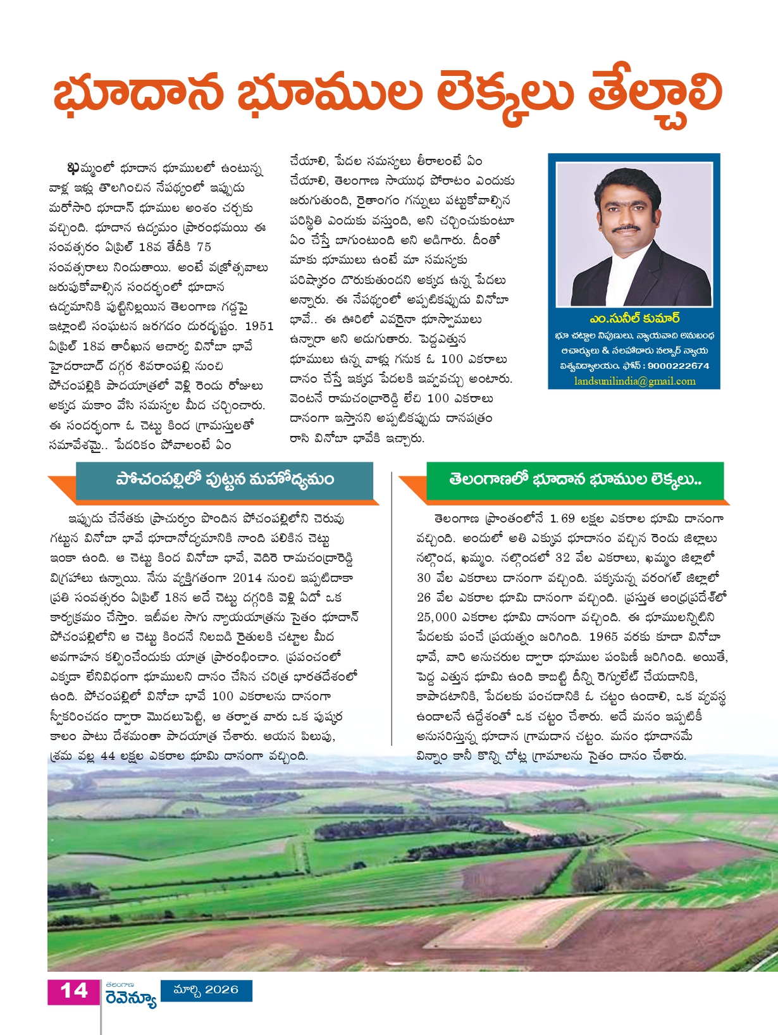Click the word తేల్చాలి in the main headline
pyautogui.click(x=654, y=95)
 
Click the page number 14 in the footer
pyautogui.click(x=73, y=991)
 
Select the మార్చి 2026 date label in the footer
pyautogui.click(x=206, y=989)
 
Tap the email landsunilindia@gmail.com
pyautogui.click(x=634, y=381)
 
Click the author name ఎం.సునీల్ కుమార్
pyautogui.click(x=634, y=318)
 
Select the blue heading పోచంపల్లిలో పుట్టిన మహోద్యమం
pyautogui.click(x=225, y=480)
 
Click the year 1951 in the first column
pyautogui.click(x=259, y=326)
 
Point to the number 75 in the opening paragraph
pyautogui.click(x=204, y=247)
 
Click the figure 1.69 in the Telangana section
pyautogui.click(x=562, y=519)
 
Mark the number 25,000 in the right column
pyautogui.click(x=436, y=617)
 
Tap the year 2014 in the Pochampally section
pyautogui.click(x=247, y=578)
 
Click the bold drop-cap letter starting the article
pyautogui.click(x=73, y=168)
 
